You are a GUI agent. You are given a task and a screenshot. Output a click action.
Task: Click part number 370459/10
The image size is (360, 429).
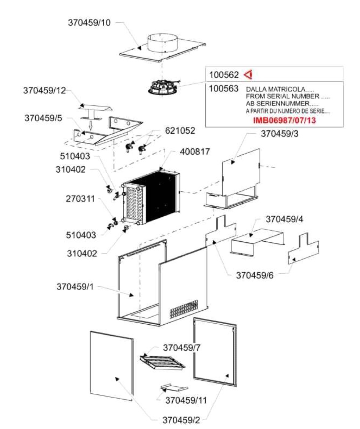coord(89,22)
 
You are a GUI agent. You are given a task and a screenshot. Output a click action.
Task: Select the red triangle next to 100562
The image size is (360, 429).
coord(248,75)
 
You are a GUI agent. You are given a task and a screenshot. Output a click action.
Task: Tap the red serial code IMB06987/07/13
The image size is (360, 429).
coord(284,120)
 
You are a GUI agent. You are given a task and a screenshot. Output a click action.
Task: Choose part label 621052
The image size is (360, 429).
coord(180,130)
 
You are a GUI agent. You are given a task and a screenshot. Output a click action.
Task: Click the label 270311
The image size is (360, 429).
coord(80,199)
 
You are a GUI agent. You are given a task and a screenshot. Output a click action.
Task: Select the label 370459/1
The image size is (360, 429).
coord(75,286)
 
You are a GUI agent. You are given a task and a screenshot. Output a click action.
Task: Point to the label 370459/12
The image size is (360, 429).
coord(44,90)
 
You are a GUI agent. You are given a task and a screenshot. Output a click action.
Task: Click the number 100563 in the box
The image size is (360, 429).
coord(224,89)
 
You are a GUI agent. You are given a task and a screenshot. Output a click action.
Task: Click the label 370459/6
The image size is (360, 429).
coord(255,275)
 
